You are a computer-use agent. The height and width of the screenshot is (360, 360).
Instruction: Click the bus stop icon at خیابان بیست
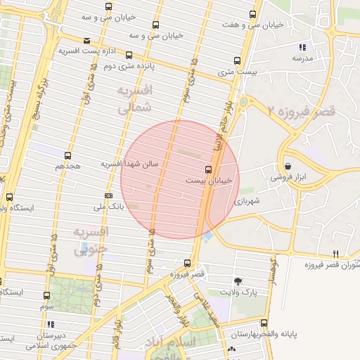point(208,169)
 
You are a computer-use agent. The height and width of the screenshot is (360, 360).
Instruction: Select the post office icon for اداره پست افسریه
point(86,41)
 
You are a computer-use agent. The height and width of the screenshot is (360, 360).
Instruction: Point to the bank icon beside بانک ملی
point(108,195)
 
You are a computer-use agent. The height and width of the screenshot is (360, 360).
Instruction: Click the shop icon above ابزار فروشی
point(288,167)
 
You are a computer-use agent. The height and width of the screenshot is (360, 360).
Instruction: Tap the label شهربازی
point(248,200)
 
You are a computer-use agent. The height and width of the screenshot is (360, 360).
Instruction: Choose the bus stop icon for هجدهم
point(67,155)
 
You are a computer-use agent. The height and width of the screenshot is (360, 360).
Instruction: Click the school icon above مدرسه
point(302,47)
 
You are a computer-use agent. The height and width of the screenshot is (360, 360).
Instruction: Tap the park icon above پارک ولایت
point(238,280)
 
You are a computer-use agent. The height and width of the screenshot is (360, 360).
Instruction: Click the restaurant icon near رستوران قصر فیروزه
point(335,254)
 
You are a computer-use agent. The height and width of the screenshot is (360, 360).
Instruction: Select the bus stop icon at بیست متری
point(236,60)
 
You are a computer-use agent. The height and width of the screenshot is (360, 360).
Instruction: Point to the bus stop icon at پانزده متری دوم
point(128,54)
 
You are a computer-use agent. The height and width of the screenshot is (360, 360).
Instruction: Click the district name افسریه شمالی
point(133,100)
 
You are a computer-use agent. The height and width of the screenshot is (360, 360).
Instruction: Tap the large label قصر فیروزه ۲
point(302,110)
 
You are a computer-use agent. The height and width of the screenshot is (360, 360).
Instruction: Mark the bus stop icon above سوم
point(46,296)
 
